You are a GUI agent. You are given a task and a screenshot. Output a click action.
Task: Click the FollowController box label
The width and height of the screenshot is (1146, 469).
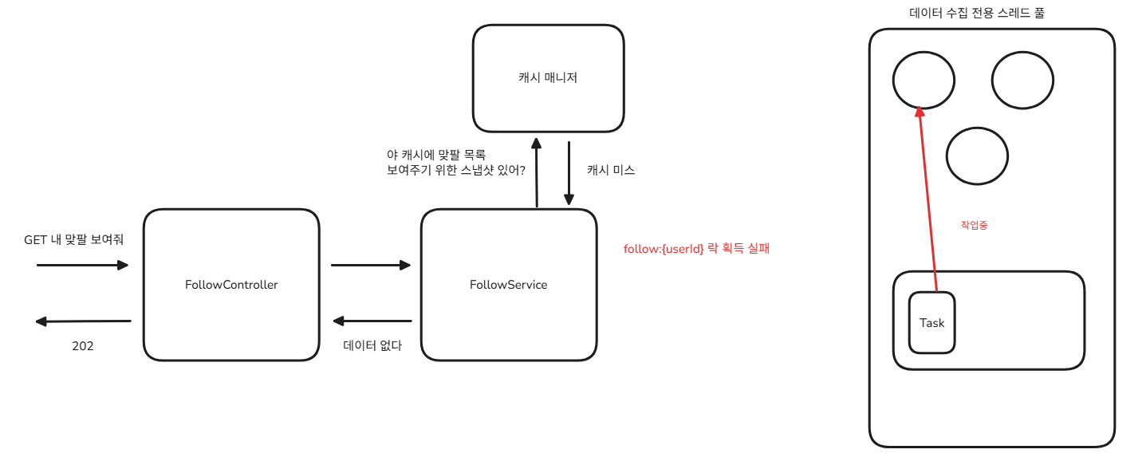tap(231, 285)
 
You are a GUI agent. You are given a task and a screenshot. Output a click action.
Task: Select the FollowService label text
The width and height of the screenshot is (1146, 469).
tap(509, 285)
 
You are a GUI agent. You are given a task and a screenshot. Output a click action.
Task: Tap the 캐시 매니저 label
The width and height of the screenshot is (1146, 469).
tap(547, 78)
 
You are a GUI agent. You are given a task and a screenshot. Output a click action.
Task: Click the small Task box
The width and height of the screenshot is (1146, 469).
tap(931, 323)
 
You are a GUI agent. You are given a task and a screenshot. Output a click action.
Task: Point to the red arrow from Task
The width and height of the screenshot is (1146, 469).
tap(927, 199)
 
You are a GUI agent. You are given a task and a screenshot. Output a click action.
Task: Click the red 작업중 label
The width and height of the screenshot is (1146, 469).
tap(975, 226)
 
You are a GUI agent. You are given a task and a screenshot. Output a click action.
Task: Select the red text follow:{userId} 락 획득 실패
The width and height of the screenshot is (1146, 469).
tap(696, 249)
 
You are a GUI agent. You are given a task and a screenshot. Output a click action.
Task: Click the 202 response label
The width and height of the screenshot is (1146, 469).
tap(83, 346)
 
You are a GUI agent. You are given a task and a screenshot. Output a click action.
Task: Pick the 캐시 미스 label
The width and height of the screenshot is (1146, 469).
tap(611, 170)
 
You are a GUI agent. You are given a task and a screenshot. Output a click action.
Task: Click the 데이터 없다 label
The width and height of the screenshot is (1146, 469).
tap(372, 346)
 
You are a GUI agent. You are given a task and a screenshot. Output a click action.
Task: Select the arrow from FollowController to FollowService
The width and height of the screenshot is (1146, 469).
tap(370, 265)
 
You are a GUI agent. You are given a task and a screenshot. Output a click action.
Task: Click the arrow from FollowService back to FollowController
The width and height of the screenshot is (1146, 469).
tap(372, 321)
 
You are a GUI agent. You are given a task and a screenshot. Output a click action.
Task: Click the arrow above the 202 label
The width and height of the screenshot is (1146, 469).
tap(83, 321)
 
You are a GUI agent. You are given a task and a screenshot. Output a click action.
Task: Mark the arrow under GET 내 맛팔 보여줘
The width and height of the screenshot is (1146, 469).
tap(83, 265)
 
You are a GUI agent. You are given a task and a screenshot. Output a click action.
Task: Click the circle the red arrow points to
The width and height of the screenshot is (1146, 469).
tap(923, 80)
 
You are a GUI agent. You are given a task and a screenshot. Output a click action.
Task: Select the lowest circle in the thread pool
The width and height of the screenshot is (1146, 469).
tap(977, 156)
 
